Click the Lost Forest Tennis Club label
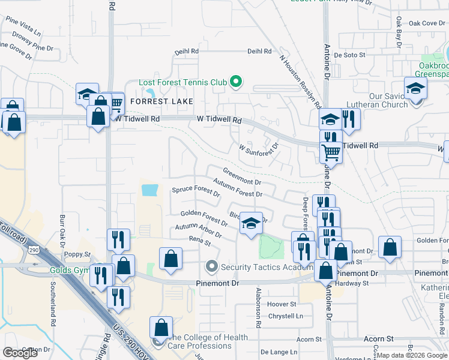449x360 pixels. (x=182, y=82)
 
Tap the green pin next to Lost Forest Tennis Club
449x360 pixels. (x=236, y=82)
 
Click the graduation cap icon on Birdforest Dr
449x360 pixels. (x=252, y=225)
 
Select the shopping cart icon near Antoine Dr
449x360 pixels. (x=331, y=152)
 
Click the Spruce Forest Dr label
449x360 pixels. (x=196, y=191)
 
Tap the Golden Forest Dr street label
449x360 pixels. (x=204, y=218)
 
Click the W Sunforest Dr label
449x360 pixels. (x=259, y=146)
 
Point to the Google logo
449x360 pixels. (x=20, y=352)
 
